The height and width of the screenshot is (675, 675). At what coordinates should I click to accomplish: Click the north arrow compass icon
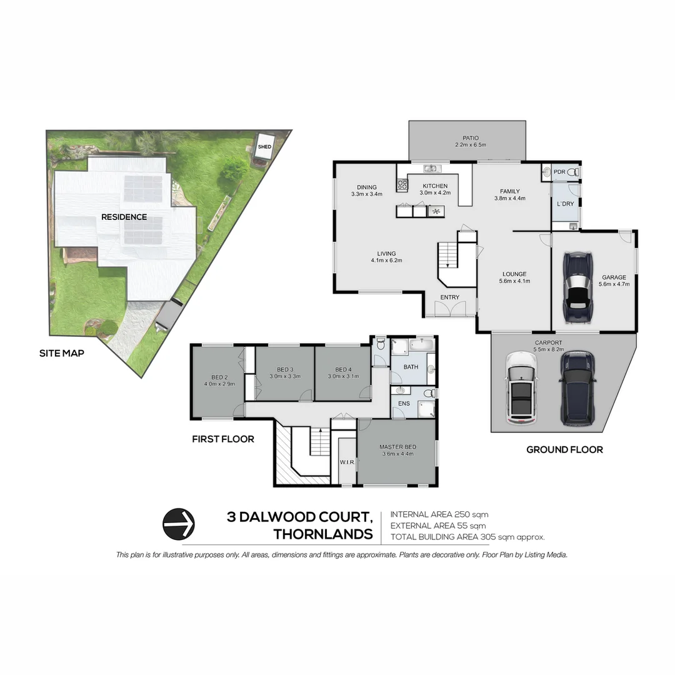click(x=179, y=524)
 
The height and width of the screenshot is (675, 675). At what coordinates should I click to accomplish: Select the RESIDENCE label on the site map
click(x=124, y=217)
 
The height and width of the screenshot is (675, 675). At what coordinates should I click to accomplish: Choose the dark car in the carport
click(x=577, y=388)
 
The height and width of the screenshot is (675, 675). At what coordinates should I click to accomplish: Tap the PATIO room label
click(x=471, y=137)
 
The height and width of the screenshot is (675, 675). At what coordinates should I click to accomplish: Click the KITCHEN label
click(x=435, y=186)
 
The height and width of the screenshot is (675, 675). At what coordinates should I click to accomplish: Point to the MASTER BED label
click(x=397, y=447)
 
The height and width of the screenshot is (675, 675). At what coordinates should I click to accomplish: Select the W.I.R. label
click(x=347, y=462)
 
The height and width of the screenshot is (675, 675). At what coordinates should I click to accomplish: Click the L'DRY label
click(x=565, y=204)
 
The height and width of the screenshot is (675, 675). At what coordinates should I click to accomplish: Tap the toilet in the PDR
click(x=573, y=172)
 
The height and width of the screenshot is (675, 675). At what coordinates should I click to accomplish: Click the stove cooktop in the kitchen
click(x=402, y=184)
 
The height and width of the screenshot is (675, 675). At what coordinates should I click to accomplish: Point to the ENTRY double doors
click(x=450, y=308)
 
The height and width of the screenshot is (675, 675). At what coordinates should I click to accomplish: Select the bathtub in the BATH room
click(x=422, y=344)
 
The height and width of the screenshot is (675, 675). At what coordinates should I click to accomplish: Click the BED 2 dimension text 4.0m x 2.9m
click(x=218, y=384)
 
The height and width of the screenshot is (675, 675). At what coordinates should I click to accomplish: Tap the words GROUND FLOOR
click(x=564, y=449)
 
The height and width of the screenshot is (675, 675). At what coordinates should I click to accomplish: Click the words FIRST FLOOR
click(x=222, y=439)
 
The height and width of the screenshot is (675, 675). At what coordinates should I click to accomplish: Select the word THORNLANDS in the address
click(x=323, y=534)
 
